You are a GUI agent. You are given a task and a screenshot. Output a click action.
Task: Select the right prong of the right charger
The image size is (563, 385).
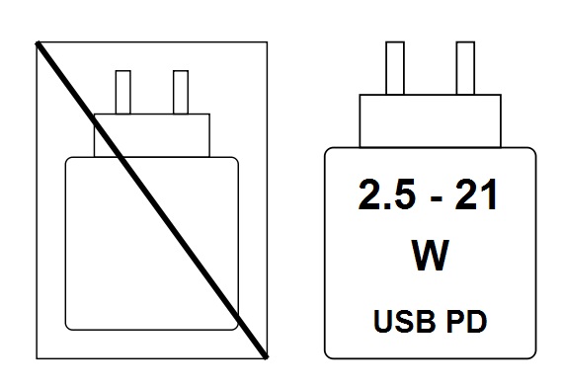(x=465, y=67)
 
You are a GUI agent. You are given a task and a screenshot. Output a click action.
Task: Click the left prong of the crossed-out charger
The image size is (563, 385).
(x=123, y=92)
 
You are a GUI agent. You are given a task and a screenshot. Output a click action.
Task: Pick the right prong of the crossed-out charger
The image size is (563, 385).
(x=181, y=92)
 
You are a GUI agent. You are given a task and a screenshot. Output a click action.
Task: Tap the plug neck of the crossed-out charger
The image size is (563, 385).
(x=152, y=134)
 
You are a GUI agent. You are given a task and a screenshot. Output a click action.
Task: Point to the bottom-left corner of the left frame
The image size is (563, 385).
(x=36, y=356)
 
